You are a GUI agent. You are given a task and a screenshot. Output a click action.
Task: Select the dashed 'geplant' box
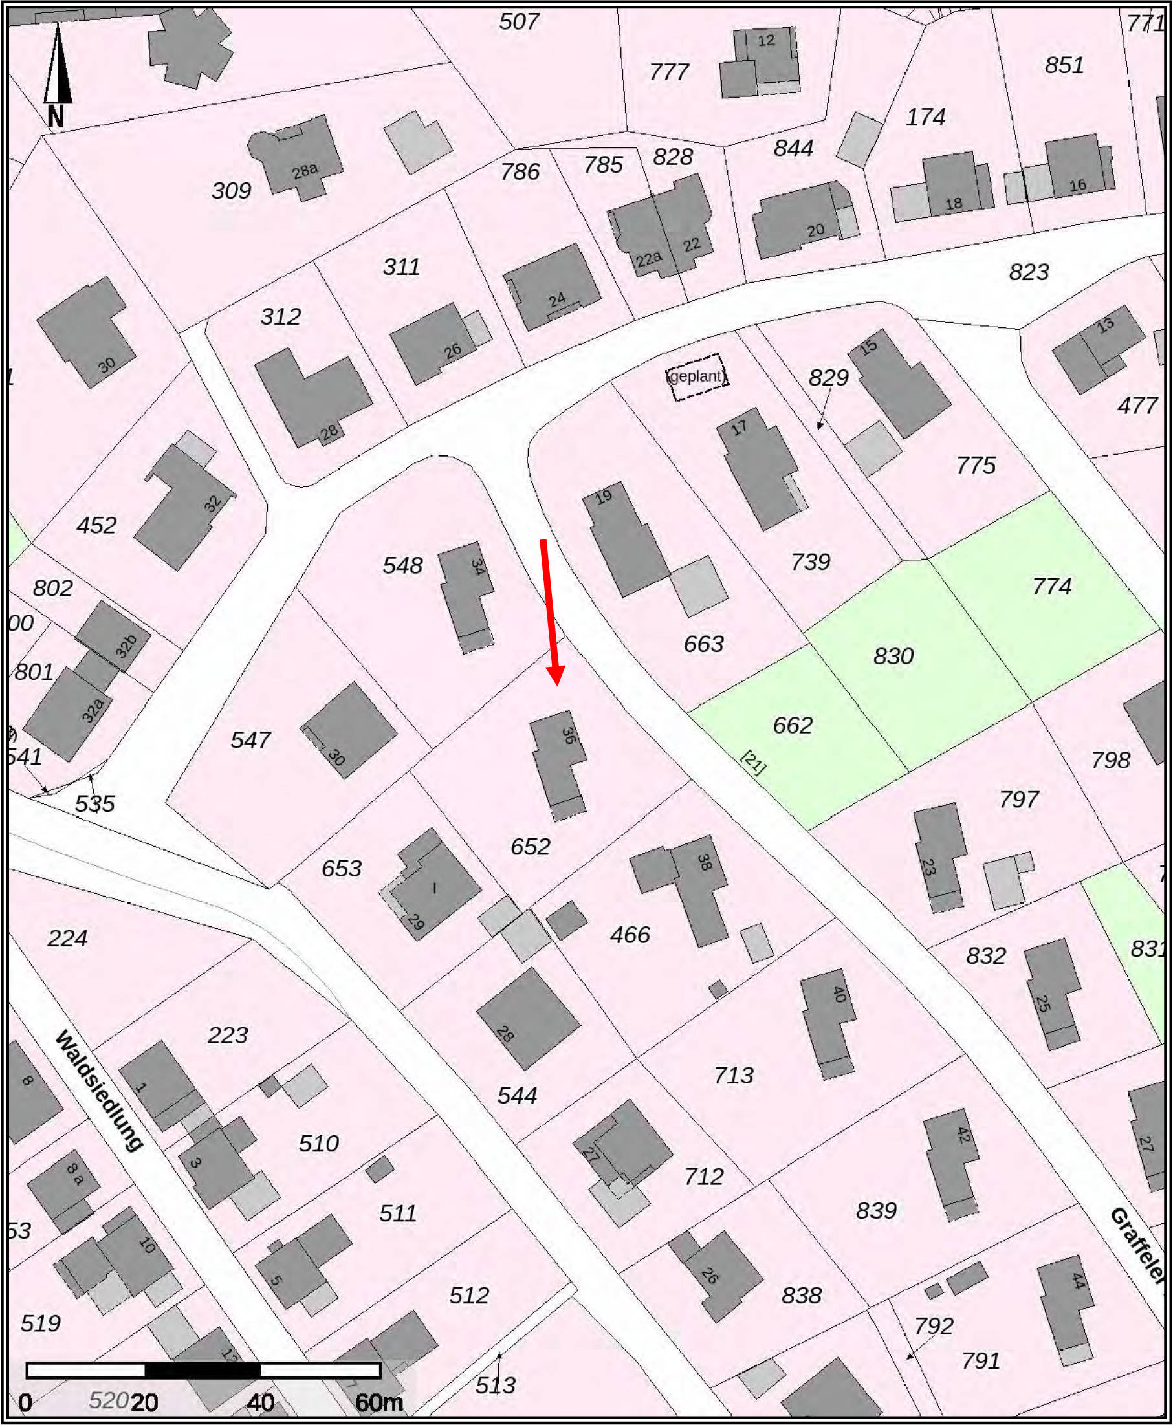pos(697,377)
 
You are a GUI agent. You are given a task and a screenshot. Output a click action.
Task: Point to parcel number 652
pos(531,847)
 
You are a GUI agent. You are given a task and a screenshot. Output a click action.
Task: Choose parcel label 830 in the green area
pos(893,657)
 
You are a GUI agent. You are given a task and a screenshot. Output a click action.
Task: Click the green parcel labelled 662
pos(793,725)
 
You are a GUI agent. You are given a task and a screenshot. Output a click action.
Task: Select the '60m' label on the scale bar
pos(379,1403)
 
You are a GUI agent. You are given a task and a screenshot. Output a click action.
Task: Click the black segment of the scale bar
pos(203,1370)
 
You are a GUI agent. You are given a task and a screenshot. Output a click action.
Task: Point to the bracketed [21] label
pos(753,763)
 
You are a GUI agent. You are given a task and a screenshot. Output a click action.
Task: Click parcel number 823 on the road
pos(1029,272)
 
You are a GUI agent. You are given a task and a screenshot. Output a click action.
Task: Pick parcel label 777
pos(669,72)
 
